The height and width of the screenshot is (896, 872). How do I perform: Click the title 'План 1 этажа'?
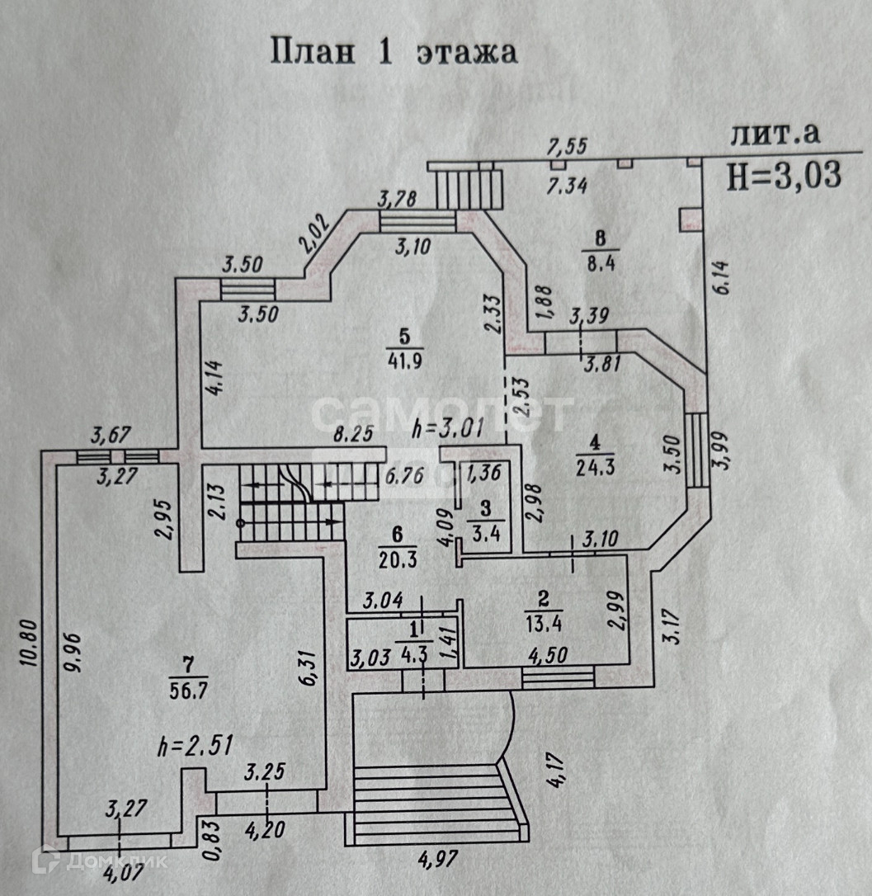(x=394, y=51)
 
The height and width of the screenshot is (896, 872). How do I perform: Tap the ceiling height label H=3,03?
(x=784, y=174)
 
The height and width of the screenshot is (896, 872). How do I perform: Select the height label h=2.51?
(x=195, y=747)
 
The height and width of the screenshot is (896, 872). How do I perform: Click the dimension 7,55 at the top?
(x=567, y=147)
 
